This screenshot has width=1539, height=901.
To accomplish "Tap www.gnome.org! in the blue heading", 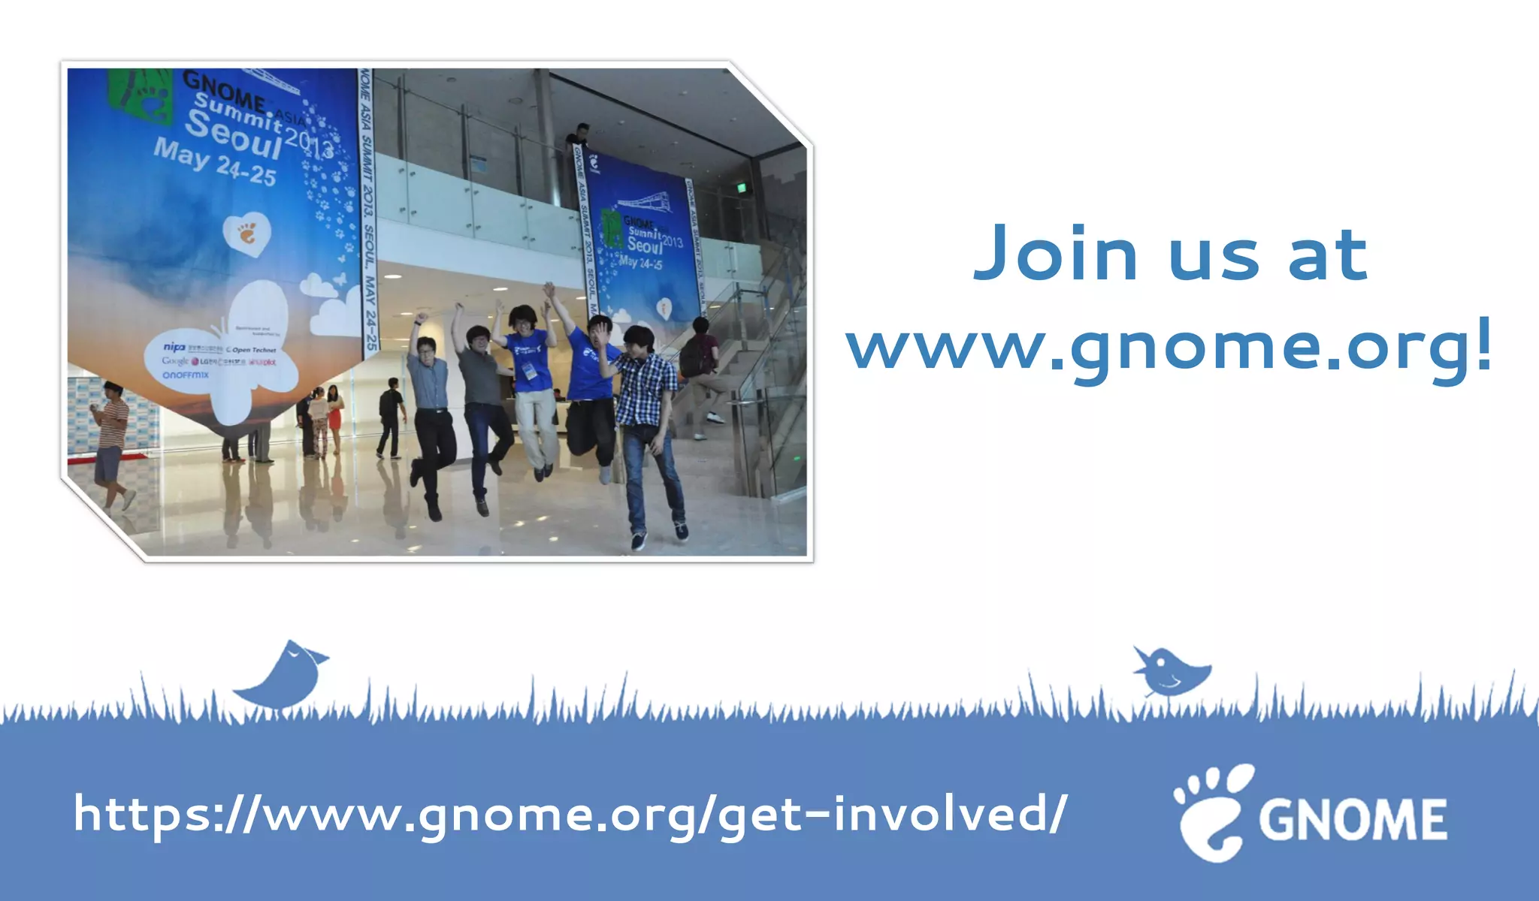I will click(x=1169, y=347).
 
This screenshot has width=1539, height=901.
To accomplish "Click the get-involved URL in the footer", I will click(x=570, y=815).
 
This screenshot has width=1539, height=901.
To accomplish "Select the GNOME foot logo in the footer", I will click(x=1212, y=812).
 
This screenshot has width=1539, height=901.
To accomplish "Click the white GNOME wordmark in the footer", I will click(x=1353, y=819).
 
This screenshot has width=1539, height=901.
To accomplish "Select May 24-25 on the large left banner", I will click(x=215, y=162).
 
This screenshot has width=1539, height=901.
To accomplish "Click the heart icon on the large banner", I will click(x=246, y=234).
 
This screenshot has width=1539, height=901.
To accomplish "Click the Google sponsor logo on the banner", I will click(x=175, y=361).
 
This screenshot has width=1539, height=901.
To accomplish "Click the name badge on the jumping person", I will click(x=530, y=371).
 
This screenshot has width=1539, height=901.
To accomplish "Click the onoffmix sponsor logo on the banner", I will click(x=186, y=375).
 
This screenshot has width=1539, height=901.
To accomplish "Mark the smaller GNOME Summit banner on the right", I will click(x=643, y=240).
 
